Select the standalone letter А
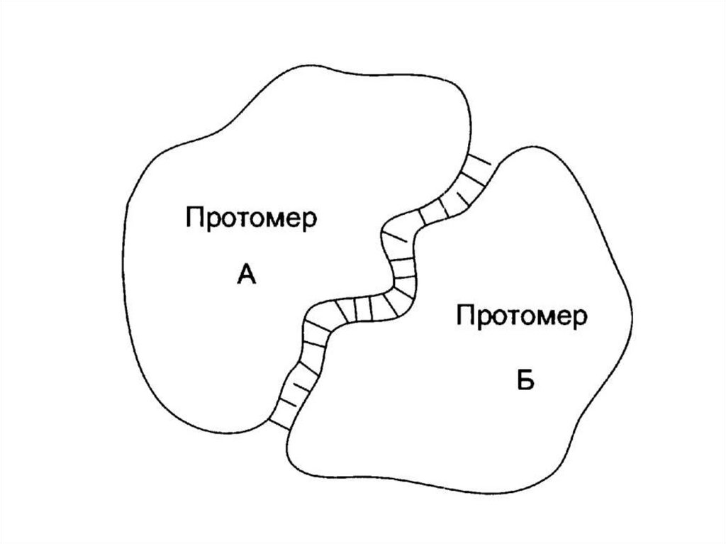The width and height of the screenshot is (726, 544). pos(245,272)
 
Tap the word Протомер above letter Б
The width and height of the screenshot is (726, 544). pos(521,316)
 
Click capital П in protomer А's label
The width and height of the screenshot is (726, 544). pos(194,216)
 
